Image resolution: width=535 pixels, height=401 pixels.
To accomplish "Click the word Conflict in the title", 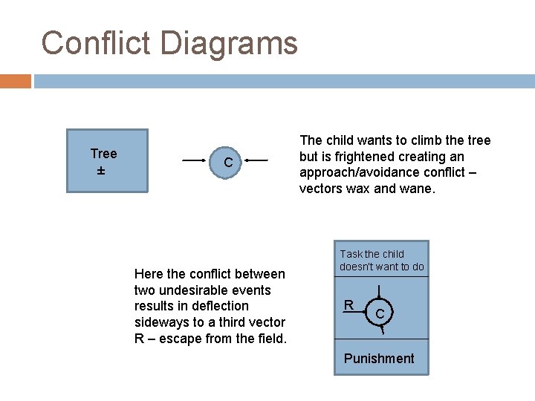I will [96, 43].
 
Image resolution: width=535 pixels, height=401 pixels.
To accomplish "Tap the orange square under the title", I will [16, 81].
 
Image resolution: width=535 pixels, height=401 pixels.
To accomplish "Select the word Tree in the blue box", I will [103, 154].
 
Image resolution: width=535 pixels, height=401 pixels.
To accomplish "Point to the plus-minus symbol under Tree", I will [100, 172].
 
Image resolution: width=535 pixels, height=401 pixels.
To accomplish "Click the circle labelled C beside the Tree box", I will [229, 161].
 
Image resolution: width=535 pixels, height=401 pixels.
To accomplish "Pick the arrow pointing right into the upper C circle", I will [195, 160].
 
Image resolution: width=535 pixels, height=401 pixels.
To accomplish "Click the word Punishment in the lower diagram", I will [379, 359].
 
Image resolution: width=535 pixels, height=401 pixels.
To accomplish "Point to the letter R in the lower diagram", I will [348, 304].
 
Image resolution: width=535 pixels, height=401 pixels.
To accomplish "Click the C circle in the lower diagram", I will [380, 313].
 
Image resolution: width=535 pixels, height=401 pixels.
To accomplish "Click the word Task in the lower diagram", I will [351, 254].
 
